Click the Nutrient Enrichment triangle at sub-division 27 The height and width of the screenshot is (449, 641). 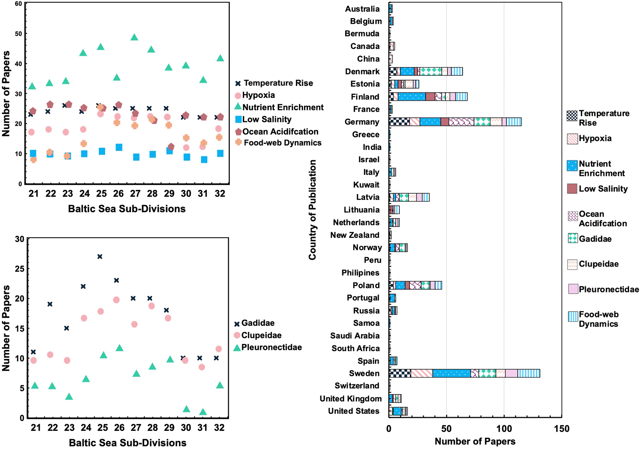pyautogui.click(x=134, y=37)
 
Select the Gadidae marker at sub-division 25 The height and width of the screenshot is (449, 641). pyautogui.click(x=100, y=257)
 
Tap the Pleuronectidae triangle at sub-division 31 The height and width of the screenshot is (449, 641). pyautogui.click(x=203, y=412)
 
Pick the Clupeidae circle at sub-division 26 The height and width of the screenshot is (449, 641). pyautogui.click(x=116, y=300)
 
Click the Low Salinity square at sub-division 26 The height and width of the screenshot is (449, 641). pyautogui.click(x=119, y=147)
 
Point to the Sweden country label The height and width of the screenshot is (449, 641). pyautogui.click(x=364, y=373)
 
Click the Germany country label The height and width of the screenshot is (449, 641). pyautogui.click(x=362, y=122)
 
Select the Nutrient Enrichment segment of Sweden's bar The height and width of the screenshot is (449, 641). pyautogui.click(x=451, y=373)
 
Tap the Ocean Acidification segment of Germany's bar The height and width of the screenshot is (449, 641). pyautogui.click(x=461, y=122)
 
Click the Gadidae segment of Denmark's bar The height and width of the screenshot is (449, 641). pyautogui.click(x=431, y=72)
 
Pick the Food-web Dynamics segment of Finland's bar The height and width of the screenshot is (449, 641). pyautogui.click(x=461, y=97)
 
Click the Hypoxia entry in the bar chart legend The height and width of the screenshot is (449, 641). pyautogui.click(x=589, y=139)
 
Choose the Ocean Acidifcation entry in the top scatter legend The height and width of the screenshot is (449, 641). pyautogui.click(x=277, y=131)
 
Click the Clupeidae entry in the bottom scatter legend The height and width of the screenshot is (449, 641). pyautogui.click(x=257, y=335)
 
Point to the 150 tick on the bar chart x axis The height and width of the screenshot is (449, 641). pyautogui.click(x=561, y=429)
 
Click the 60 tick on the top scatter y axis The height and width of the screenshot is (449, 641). pyautogui.click(x=18, y=3)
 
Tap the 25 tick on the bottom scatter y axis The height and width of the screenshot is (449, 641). pyautogui.click(x=20, y=269)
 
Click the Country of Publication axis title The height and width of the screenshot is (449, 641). pyautogui.click(x=312, y=210)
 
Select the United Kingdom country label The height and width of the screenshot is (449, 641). pyautogui.click(x=351, y=399)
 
